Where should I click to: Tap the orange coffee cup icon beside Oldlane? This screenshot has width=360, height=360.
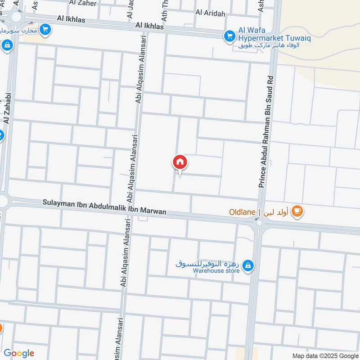coord(297,211)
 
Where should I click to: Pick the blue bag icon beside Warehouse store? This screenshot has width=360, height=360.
coord(247,267)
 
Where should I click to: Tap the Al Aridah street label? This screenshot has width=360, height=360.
coord(210,13)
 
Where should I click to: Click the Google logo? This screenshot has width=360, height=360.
coord(19,353)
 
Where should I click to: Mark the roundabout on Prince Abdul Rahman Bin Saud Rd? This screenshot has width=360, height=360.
coord(258,222)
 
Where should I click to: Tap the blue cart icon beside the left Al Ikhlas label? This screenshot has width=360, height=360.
coord(45,30)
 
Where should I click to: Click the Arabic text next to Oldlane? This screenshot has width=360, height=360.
coord(276,211)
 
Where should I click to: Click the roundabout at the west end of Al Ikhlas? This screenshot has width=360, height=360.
coord(17,17)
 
